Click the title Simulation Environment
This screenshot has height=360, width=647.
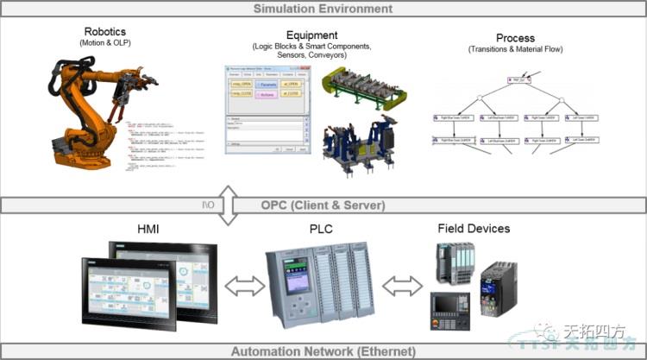(323, 9)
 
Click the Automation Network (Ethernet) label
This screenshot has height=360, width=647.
(323, 351)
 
